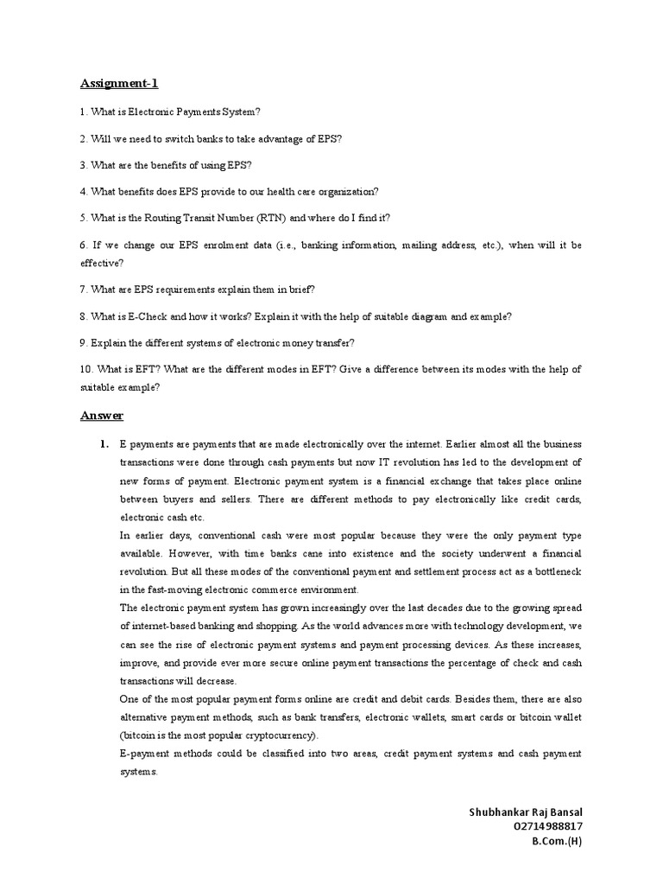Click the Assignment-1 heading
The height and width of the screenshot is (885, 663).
click(x=119, y=84)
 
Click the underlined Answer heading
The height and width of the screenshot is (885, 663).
click(x=102, y=416)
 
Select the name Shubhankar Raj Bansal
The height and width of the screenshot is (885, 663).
click(x=525, y=812)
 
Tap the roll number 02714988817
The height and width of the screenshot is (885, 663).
click(x=547, y=826)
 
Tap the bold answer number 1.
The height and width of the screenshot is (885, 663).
click(x=103, y=444)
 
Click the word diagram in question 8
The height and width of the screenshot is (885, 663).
click(x=399, y=317)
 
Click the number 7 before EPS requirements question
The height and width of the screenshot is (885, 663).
click(x=84, y=290)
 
